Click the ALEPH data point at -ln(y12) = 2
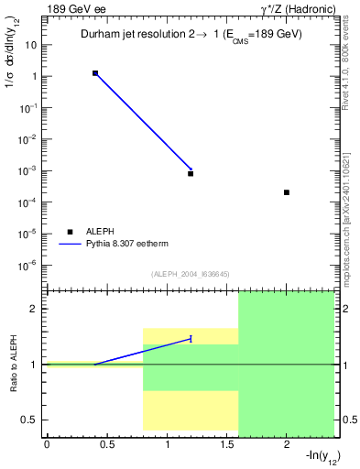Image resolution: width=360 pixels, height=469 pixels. point(287,192)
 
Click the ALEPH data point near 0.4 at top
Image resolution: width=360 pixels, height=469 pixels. point(95,72)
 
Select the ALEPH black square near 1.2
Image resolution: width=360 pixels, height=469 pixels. point(191,173)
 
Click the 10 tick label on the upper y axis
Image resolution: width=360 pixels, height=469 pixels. point(31,45)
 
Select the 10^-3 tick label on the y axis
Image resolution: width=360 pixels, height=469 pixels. point(29,171)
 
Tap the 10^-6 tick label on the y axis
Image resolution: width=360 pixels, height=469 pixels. point(29,266)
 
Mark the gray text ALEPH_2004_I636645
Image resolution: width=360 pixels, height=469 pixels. point(191,274)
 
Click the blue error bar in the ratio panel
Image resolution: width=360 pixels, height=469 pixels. point(191,338)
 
